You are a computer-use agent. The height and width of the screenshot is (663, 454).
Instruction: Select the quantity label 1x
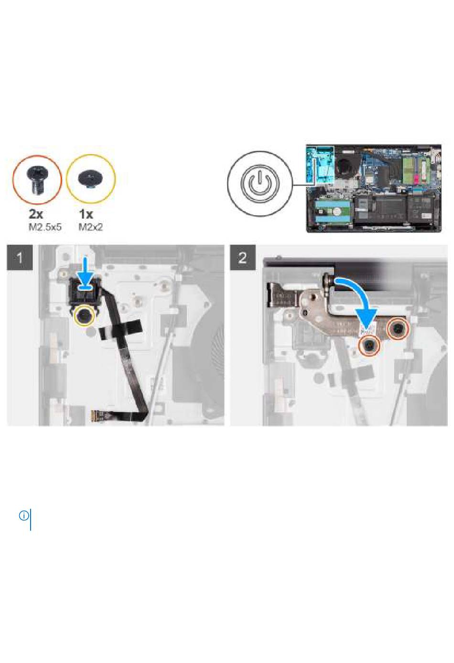[x=86, y=214]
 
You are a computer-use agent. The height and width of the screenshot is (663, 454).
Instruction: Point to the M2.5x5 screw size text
[x=45, y=228]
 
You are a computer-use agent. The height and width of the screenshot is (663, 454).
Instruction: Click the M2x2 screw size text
[x=91, y=228]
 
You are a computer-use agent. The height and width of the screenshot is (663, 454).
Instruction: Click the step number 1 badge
[x=20, y=257]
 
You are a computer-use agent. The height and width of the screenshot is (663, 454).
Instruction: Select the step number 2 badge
[x=243, y=257]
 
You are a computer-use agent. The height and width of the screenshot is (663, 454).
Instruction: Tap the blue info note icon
[x=24, y=516]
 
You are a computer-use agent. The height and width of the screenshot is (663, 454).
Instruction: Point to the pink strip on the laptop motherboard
[x=417, y=178]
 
